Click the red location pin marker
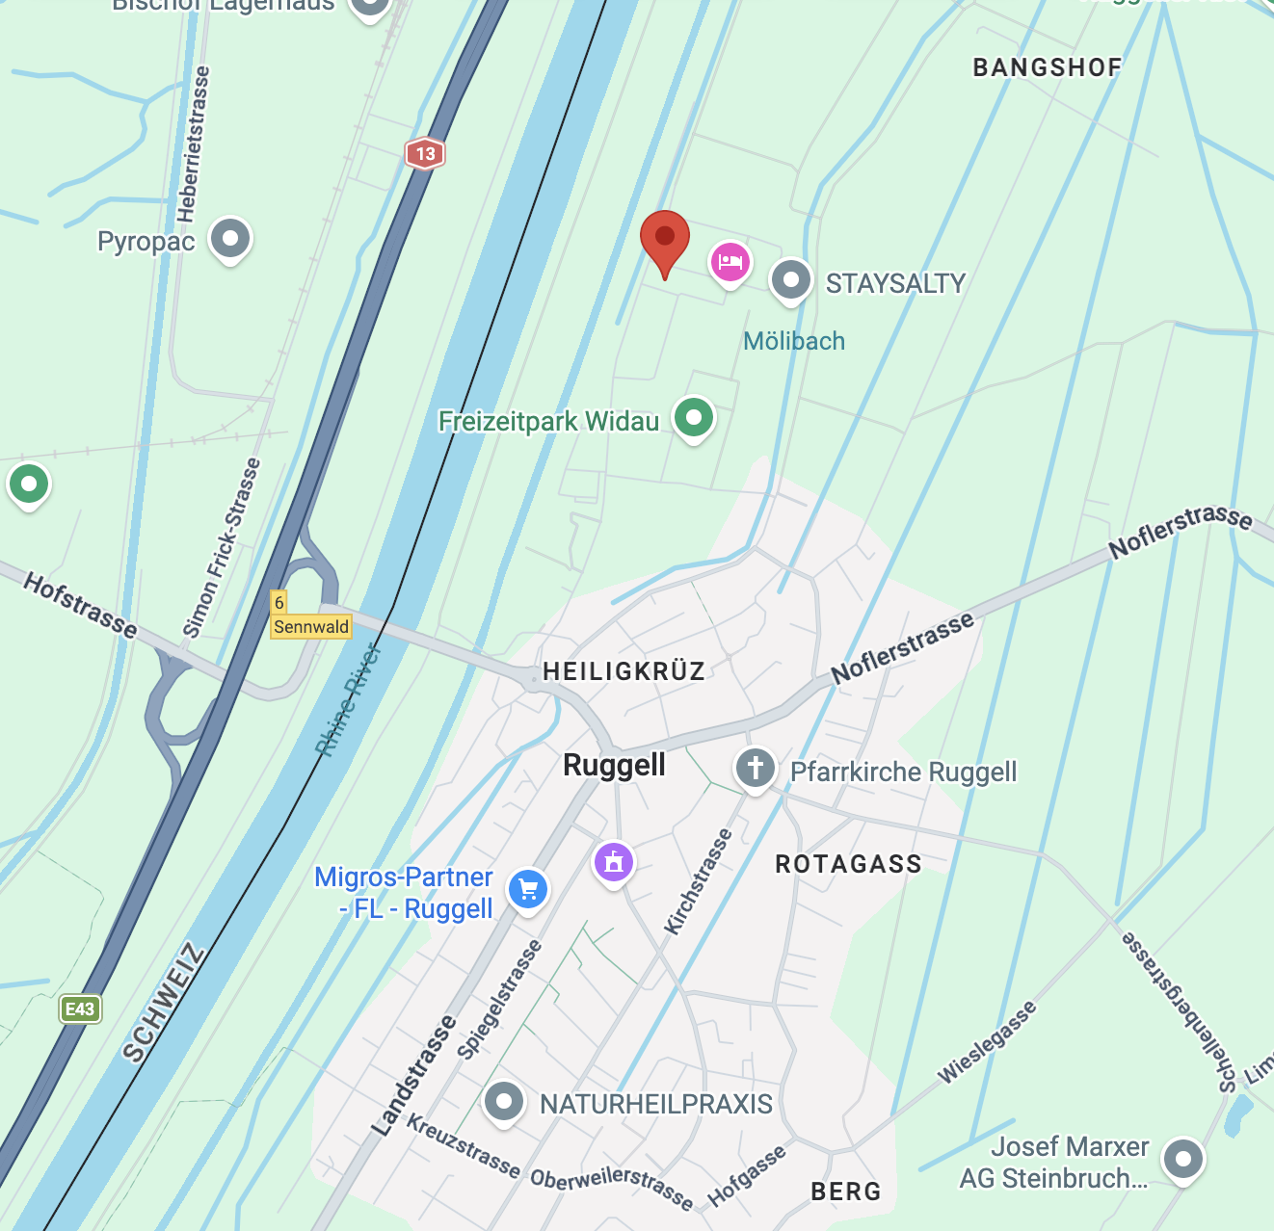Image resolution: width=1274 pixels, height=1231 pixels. (x=664, y=238)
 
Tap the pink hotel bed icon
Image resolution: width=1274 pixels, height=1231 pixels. (x=730, y=261)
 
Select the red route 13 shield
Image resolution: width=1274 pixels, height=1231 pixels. (x=425, y=153)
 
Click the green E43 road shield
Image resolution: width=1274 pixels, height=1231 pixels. (x=79, y=1008)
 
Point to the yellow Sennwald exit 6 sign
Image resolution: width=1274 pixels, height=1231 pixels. (x=309, y=616)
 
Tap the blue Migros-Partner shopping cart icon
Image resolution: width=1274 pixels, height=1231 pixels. (x=527, y=888)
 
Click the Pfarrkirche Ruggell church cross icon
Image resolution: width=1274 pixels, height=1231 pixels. (x=756, y=768)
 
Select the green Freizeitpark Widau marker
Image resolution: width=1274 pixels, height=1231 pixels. (x=693, y=417)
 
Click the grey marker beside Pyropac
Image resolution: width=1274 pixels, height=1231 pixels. (x=230, y=237)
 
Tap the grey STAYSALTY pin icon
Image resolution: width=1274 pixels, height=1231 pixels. (x=791, y=279)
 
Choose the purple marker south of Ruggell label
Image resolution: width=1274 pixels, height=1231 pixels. (x=614, y=861)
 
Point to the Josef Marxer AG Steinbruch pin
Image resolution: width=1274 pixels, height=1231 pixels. (x=1182, y=1158)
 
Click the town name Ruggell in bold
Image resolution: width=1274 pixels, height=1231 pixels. (x=614, y=765)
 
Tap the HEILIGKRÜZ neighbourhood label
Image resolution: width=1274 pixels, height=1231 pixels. (x=624, y=671)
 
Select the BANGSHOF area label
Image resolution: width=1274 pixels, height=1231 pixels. (x=1048, y=67)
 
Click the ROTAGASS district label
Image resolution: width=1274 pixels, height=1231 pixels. (x=848, y=864)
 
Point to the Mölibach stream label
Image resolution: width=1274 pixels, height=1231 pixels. (x=794, y=341)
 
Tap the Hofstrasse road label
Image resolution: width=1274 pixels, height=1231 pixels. (x=80, y=604)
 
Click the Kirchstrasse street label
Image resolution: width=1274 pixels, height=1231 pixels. (x=698, y=881)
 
